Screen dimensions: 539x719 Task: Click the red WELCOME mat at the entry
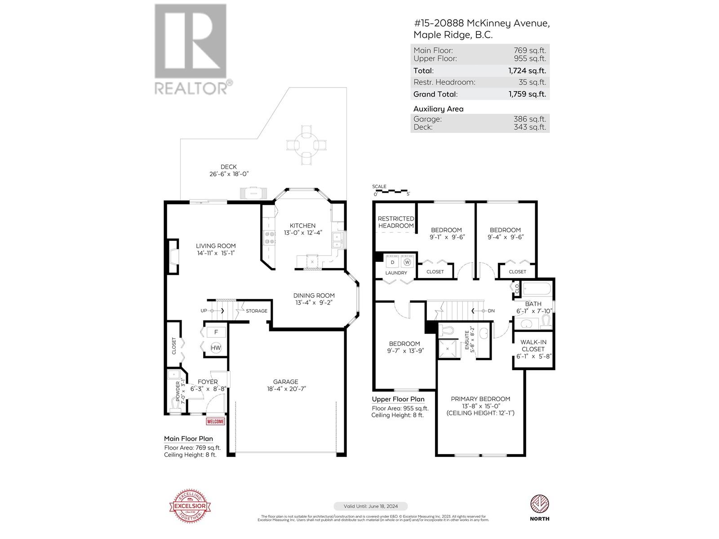[x=215, y=421]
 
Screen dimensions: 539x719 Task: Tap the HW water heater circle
[x=216, y=348]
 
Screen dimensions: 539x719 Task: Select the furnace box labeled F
[x=216, y=332]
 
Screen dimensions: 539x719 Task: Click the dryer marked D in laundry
[x=392, y=262]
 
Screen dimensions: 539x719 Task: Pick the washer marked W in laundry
[x=407, y=262]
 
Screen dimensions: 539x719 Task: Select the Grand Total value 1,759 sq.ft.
[x=527, y=94]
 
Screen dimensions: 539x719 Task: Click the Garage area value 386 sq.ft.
[x=530, y=119]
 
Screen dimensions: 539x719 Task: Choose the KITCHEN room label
[x=302, y=225]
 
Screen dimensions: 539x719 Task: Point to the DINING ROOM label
[x=314, y=296]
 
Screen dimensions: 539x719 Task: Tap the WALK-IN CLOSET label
[x=533, y=345]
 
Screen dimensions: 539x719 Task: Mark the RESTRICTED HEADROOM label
[x=395, y=222]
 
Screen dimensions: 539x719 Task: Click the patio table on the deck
[x=306, y=144]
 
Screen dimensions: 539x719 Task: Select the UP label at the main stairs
[x=204, y=311]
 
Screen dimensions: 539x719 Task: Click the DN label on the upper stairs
[x=491, y=311]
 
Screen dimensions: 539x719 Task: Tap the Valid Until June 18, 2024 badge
[x=371, y=506]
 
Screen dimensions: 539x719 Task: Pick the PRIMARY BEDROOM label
[x=480, y=399]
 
